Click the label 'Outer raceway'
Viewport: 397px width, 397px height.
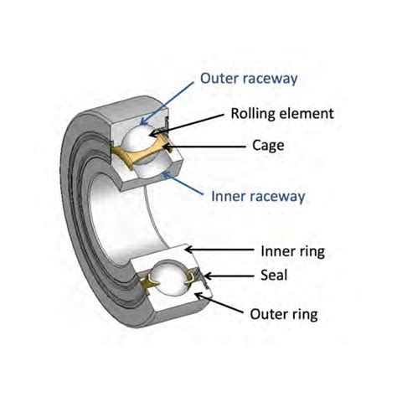[x=250, y=80]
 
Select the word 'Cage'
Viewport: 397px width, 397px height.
[x=268, y=144]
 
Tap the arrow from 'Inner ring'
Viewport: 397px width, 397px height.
[x=217, y=250]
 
